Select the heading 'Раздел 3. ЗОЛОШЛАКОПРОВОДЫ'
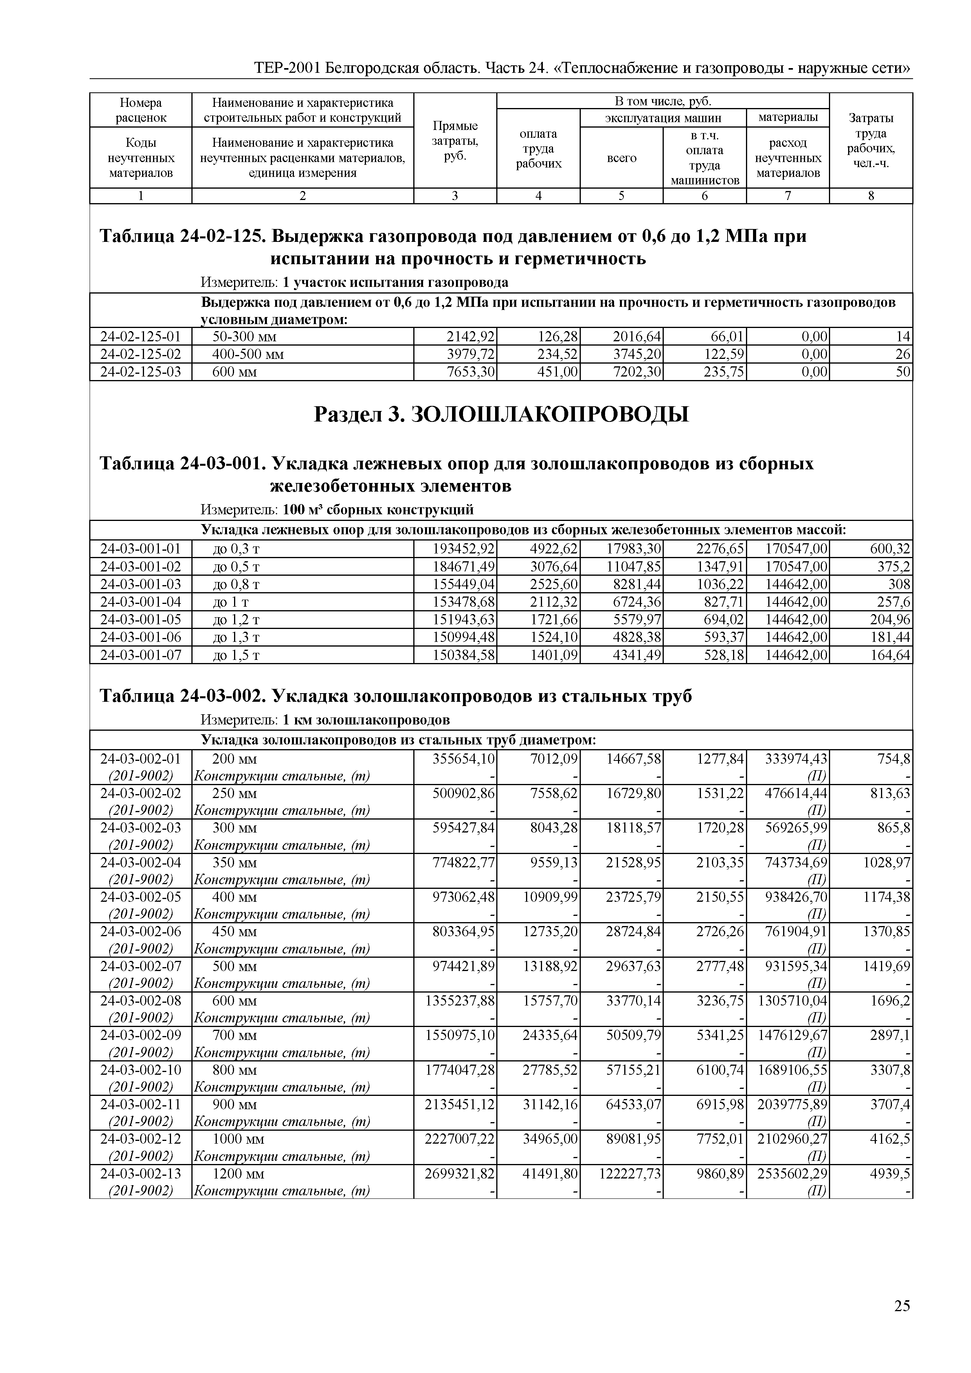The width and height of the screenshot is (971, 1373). click(501, 414)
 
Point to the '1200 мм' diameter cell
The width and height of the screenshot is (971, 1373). click(238, 1173)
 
